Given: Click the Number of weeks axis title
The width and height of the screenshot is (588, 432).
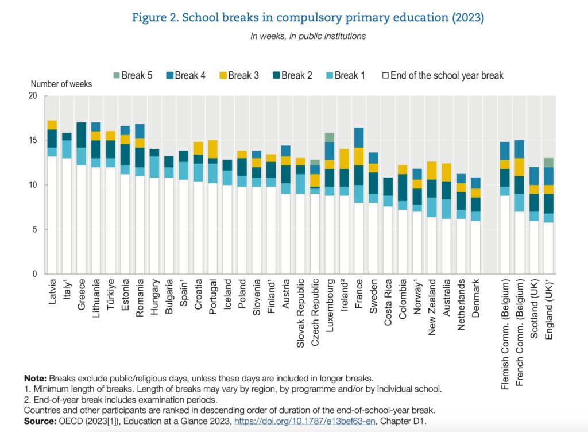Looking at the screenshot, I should point(61,84).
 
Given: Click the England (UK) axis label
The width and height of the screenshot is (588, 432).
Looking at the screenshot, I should point(549,310).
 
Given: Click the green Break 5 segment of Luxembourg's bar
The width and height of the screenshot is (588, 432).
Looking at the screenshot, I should point(330,137).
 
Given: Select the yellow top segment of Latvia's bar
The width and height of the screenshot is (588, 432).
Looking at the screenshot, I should point(52,125).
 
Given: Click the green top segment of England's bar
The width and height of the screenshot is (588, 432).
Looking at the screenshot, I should point(549,162).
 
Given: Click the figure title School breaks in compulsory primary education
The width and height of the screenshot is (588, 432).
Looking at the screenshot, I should point(308,18).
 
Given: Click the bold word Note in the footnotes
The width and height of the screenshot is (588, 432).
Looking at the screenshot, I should point(35,379).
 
